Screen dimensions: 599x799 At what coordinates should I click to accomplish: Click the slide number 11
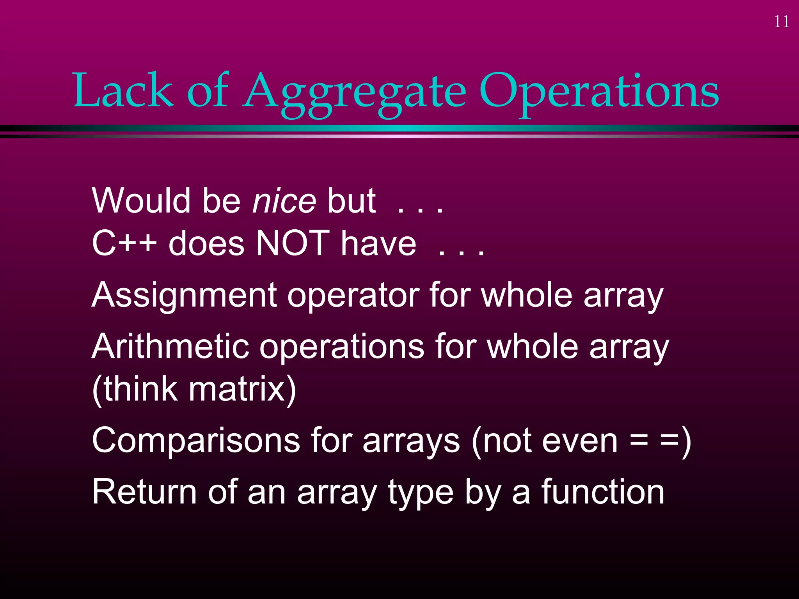coord(781,22)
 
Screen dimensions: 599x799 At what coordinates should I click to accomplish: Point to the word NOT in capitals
coord(292,243)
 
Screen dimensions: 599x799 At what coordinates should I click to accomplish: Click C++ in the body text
coord(124,243)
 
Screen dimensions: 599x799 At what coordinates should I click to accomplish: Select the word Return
coord(144,492)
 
